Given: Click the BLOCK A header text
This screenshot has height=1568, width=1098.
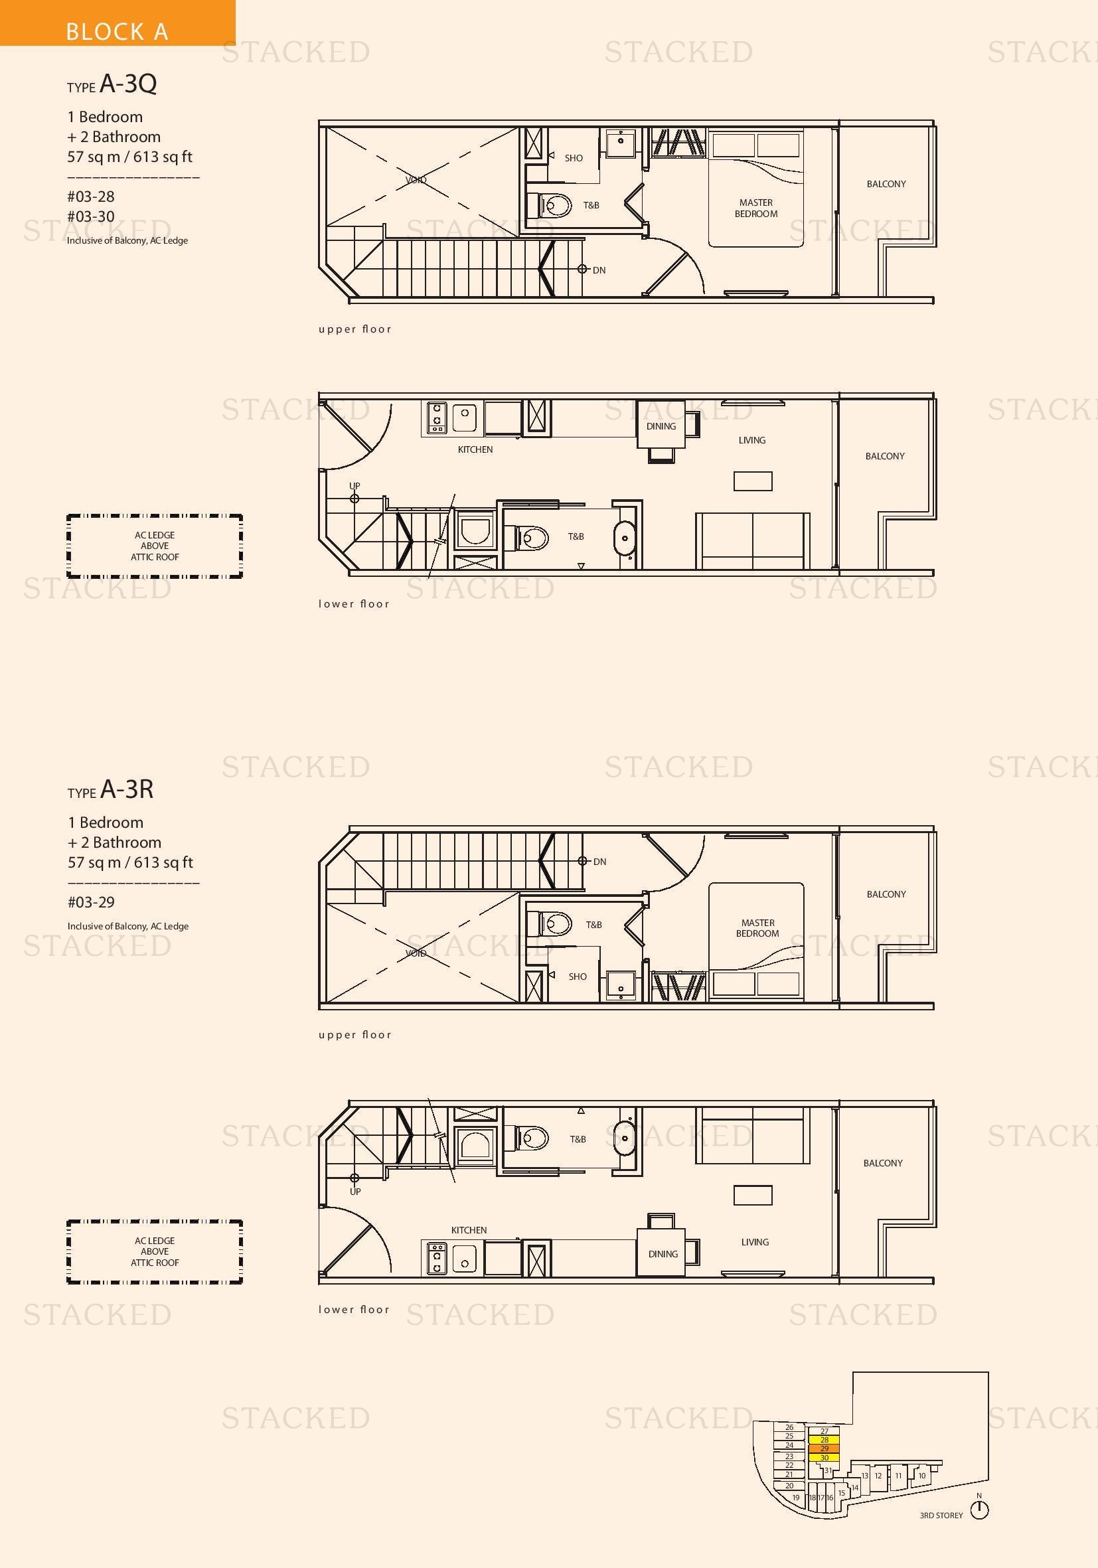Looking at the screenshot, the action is pos(117,31).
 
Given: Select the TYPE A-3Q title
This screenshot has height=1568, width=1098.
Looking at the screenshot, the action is pos(112,84).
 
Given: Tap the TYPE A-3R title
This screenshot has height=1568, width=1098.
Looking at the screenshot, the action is pos(111,789).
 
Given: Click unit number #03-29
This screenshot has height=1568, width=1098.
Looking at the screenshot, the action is pos(91,902).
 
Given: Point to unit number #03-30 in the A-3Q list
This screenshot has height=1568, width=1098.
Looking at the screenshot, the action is pos(91,216).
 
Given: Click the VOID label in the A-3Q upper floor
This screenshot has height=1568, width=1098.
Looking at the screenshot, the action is pos(416,181).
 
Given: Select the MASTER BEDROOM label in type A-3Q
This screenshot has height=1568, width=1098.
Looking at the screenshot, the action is pos(756,208).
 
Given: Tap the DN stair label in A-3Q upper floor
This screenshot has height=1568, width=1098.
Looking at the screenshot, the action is pos(599,270).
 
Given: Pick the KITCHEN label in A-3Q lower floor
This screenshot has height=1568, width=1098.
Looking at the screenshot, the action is pos(475,449).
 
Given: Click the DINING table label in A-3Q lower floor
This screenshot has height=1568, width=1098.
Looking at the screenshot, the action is pos(661,426).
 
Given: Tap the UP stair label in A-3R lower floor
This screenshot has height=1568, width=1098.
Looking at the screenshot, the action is pos(355,1192).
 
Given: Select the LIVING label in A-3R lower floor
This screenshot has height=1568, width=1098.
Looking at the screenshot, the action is pos(755,1242).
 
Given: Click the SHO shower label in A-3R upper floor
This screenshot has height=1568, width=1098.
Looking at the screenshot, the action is pos(578,977).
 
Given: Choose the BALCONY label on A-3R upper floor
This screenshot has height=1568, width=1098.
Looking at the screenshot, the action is pos(886,894).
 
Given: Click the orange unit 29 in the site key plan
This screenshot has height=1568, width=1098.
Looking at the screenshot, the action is pos(824,1449).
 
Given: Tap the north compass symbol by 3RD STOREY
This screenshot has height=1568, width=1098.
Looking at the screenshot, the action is pos(979,1510).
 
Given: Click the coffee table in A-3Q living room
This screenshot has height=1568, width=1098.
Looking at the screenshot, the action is pos(753,481).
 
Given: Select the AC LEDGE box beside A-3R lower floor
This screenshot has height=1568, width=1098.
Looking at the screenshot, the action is pos(155,1252).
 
